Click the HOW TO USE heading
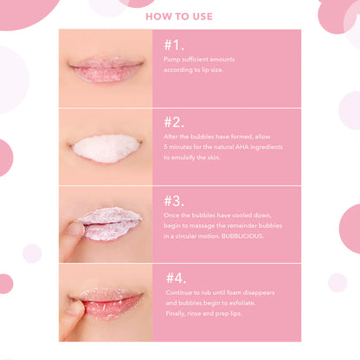tap(180, 15)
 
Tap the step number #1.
tap(173, 43)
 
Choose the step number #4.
tap(177, 277)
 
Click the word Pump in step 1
tap(170, 59)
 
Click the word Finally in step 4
tap(177, 313)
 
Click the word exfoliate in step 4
tap(260, 303)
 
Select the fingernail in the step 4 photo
tap(74, 307)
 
